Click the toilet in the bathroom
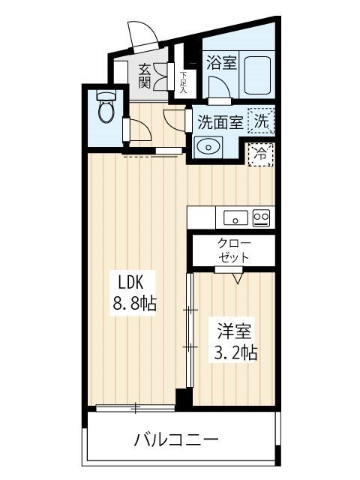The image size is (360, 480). (x=106, y=106)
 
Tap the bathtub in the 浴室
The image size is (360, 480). (x=257, y=75)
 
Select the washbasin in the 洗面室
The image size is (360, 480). (x=208, y=147)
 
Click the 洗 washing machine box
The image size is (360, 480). (x=261, y=121)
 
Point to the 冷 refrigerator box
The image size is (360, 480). (x=260, y=155)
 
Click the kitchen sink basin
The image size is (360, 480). (x=235, y=218)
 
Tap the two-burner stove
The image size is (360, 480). (x=261, y=218)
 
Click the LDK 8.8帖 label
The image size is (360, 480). (x=133, y=293)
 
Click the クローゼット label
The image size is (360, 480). (x=234, y=250)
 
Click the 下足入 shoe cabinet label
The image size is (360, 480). (x=183, y=82)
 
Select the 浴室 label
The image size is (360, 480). (x=221, y=62)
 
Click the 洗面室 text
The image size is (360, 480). (x=220, y=121)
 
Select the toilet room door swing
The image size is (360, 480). (x=140, y=130)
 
